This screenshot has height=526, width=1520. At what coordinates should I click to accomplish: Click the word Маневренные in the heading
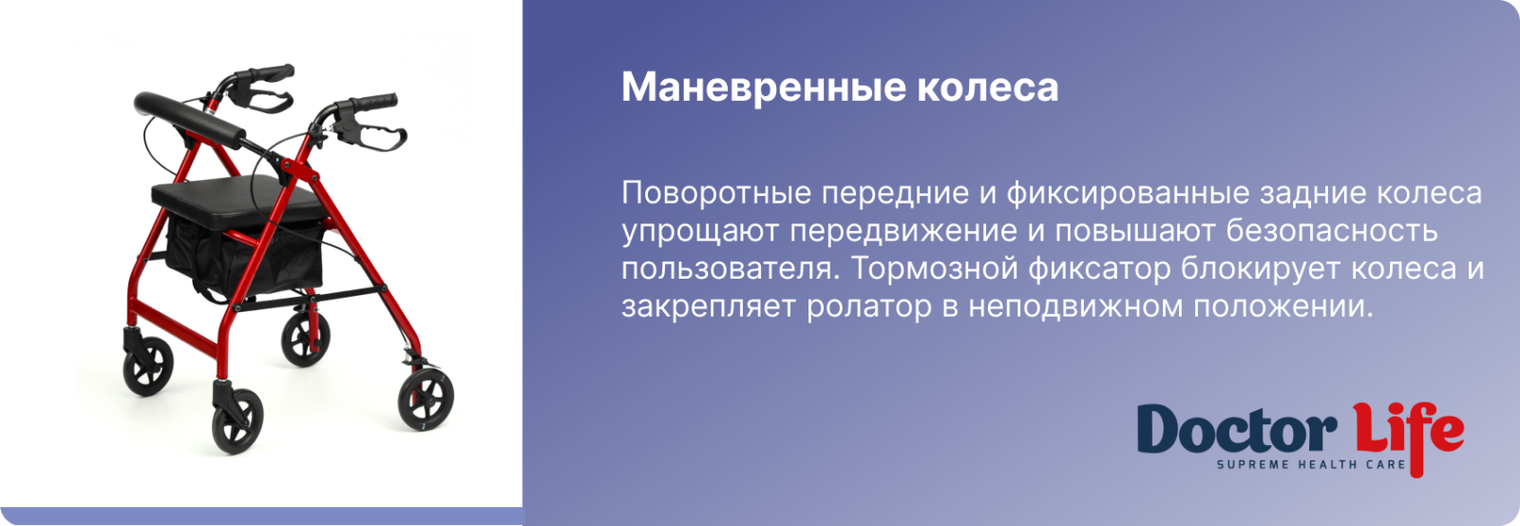coord(764,88)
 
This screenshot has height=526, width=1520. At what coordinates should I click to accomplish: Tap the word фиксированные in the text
coord(1129,193)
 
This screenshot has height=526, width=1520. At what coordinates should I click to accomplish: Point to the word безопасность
coord(1332,231)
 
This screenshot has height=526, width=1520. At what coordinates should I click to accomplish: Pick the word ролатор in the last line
coord(869,307)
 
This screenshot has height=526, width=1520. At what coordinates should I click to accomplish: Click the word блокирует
coord(1261,269)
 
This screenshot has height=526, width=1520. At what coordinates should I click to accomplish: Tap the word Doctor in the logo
coord(1237,429)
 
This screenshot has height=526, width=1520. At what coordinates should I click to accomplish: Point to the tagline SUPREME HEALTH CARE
coord(1311,465)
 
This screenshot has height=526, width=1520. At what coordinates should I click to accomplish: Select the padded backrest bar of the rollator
coord(189,120)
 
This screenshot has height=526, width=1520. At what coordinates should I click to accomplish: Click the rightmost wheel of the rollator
coord(426,399)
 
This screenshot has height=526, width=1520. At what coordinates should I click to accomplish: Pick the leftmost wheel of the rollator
coord(148,365)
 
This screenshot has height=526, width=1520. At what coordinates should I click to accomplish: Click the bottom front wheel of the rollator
coord(237,420)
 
